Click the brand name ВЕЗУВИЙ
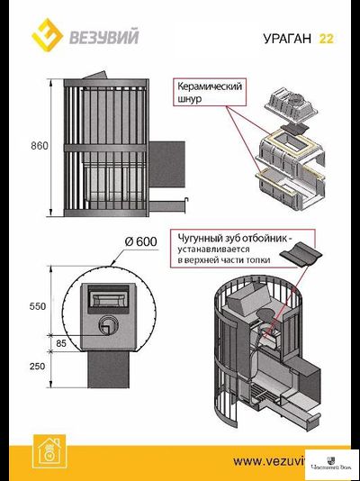point(94,37)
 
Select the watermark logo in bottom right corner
point(332,462)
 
